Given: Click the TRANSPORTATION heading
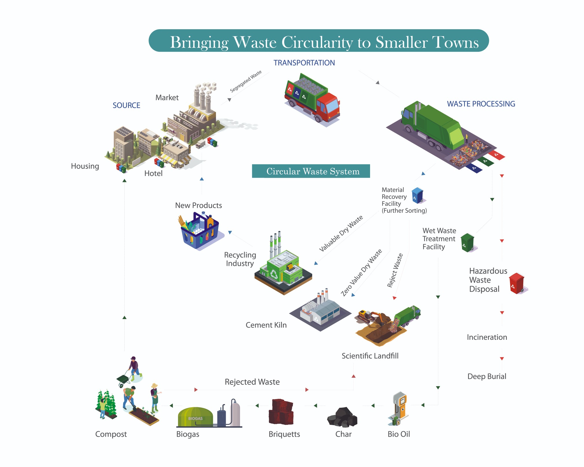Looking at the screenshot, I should [x=304, y=63].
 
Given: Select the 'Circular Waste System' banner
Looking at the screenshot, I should [x=311, y=171].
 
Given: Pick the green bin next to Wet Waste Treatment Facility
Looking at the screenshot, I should [x=467, y=242].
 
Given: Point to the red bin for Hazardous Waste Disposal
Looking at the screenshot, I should [x=516, y=283].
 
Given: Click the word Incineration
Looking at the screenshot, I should [x=487, y=337].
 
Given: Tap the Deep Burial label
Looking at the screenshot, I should [x=487, y=376].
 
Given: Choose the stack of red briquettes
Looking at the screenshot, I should [x=281, y=412].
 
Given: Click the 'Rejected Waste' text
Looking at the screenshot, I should [x=252, y=382].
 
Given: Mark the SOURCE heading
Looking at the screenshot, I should [x=126, y=105].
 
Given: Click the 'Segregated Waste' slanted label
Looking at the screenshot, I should [x=246, y=81].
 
